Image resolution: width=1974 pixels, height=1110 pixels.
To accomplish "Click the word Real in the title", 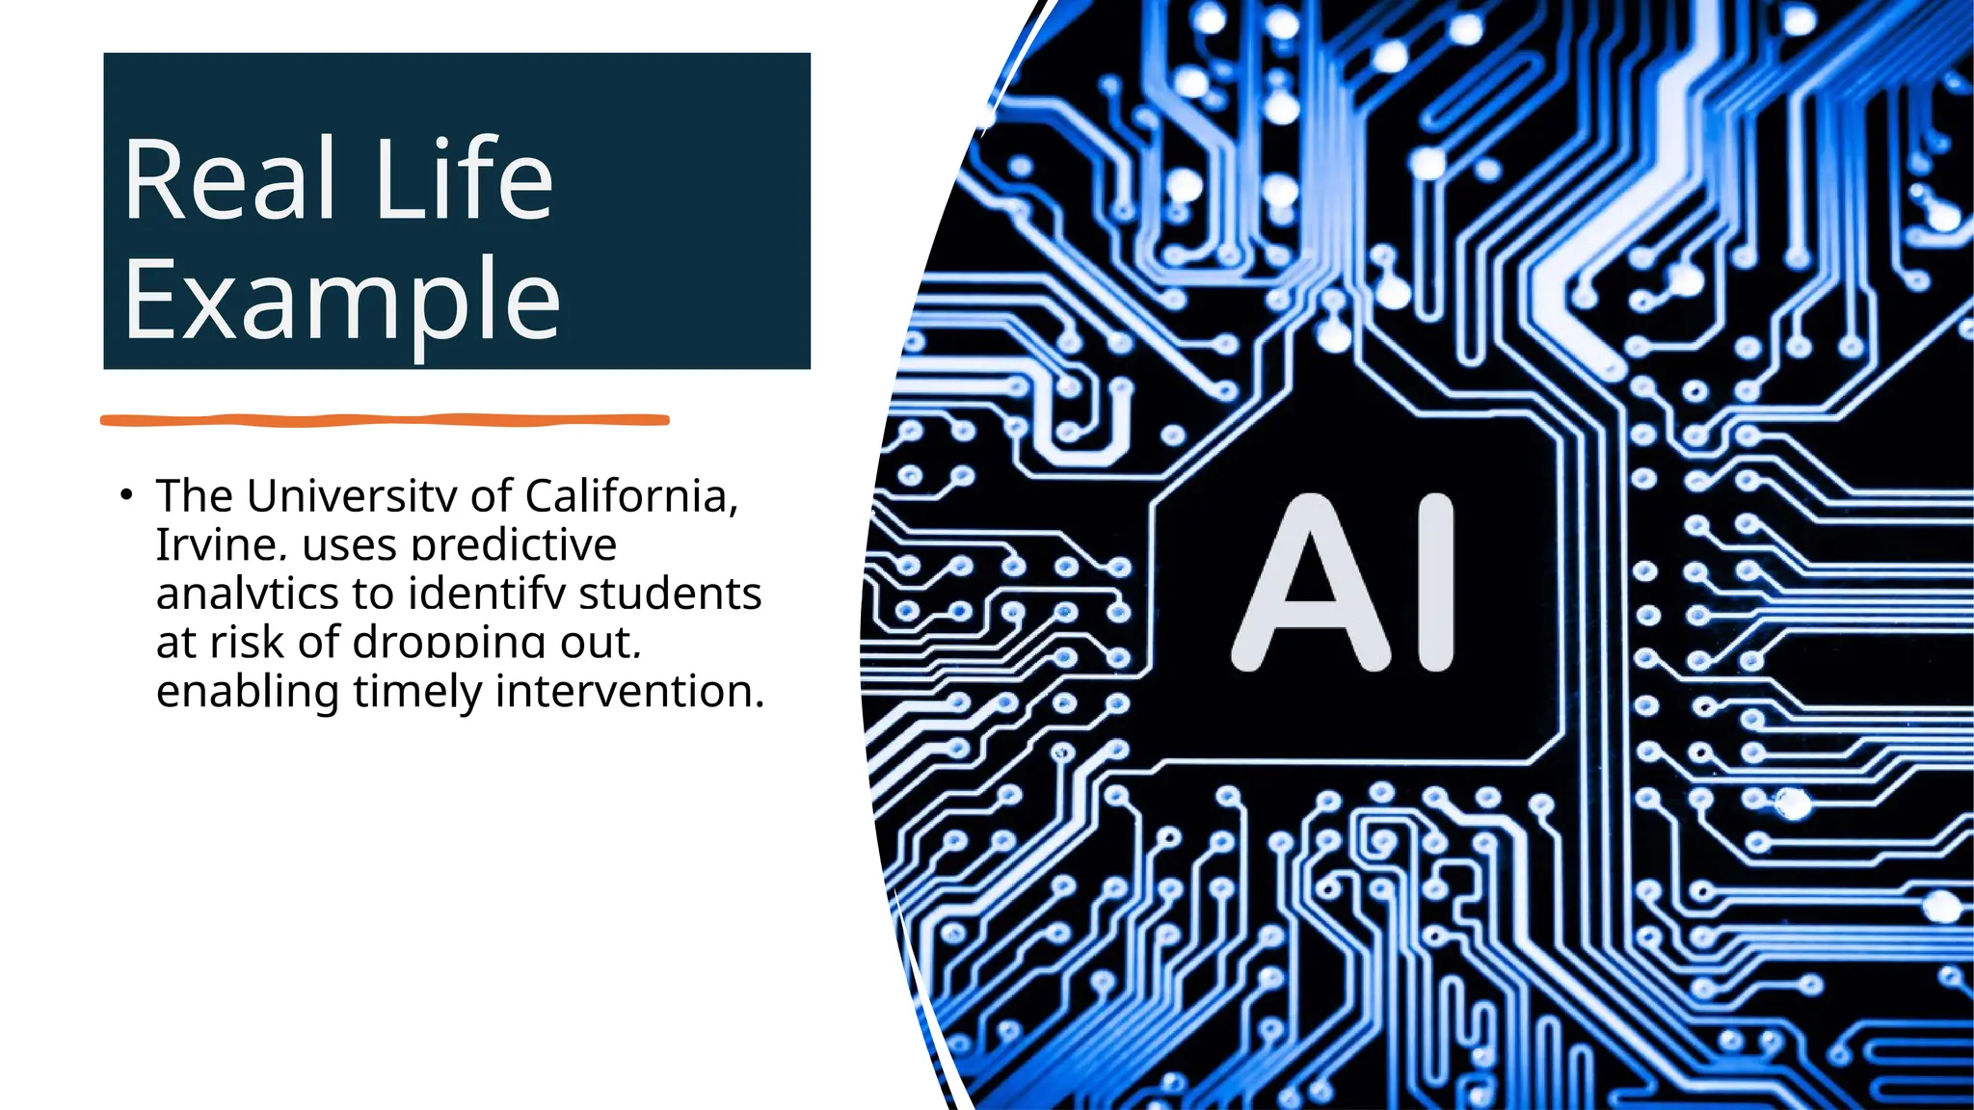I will pos(229,179).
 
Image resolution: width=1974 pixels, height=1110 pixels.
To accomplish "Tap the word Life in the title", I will pos(464,179).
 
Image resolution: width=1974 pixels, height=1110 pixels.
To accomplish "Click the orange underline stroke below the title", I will pos(385,420).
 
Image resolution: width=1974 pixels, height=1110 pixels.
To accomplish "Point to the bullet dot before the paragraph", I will pos(125,495).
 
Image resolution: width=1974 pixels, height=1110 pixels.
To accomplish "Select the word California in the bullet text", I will pos(631,496).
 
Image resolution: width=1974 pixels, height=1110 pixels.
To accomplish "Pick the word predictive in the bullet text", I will pos(514,545).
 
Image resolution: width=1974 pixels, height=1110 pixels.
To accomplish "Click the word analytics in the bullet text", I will pos(247,594).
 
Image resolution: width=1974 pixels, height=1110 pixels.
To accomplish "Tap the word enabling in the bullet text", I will pos(248,691).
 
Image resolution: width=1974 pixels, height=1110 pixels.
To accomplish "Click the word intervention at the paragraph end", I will pos(629,691).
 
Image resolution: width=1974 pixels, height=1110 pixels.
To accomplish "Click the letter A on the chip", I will pos(1311,582).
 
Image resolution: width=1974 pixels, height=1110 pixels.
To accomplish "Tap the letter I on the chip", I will pos(1432,582).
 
